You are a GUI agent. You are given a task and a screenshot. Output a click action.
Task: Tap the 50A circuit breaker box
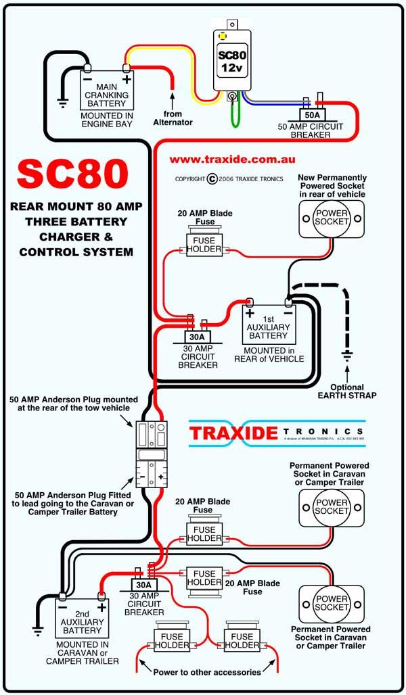[x=314, y=114]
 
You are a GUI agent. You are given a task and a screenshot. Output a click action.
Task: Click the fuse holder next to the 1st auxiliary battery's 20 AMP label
[x=204, y=245]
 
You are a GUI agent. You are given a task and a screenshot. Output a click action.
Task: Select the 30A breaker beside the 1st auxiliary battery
[x=198, y=336]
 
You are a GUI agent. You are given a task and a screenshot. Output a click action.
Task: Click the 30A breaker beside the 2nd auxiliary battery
[x=143, y=585]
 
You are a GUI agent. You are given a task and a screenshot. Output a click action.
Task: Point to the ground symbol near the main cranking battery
[x=62, y=105]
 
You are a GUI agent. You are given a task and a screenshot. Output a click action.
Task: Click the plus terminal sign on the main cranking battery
[x=126, y=80]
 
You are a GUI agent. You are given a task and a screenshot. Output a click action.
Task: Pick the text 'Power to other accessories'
[x=207, y=672]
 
